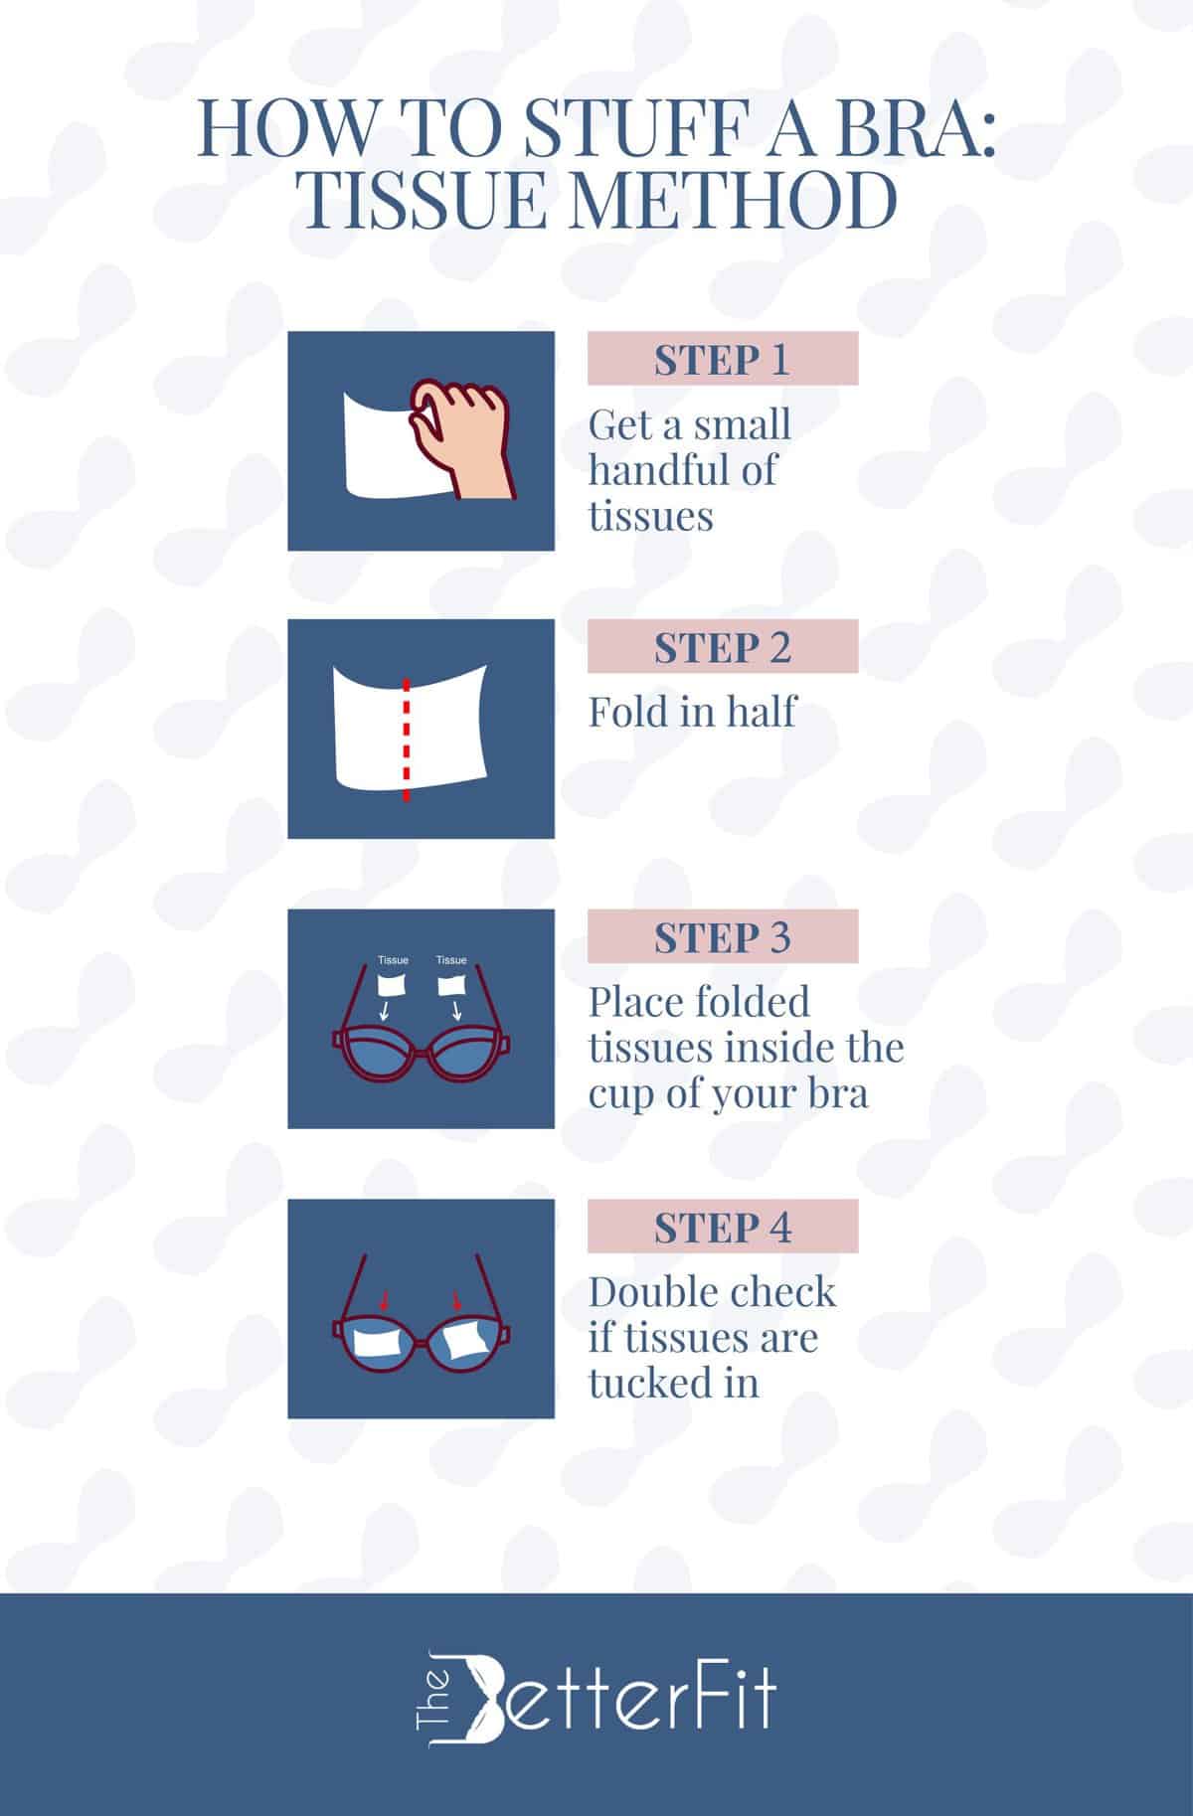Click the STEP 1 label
(722, 359)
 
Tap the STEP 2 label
(722, 647)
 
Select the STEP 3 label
(722, 937)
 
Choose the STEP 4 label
(722, 1228)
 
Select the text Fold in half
(692, 712)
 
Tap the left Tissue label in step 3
(394, 960)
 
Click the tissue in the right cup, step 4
(466, 1344)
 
